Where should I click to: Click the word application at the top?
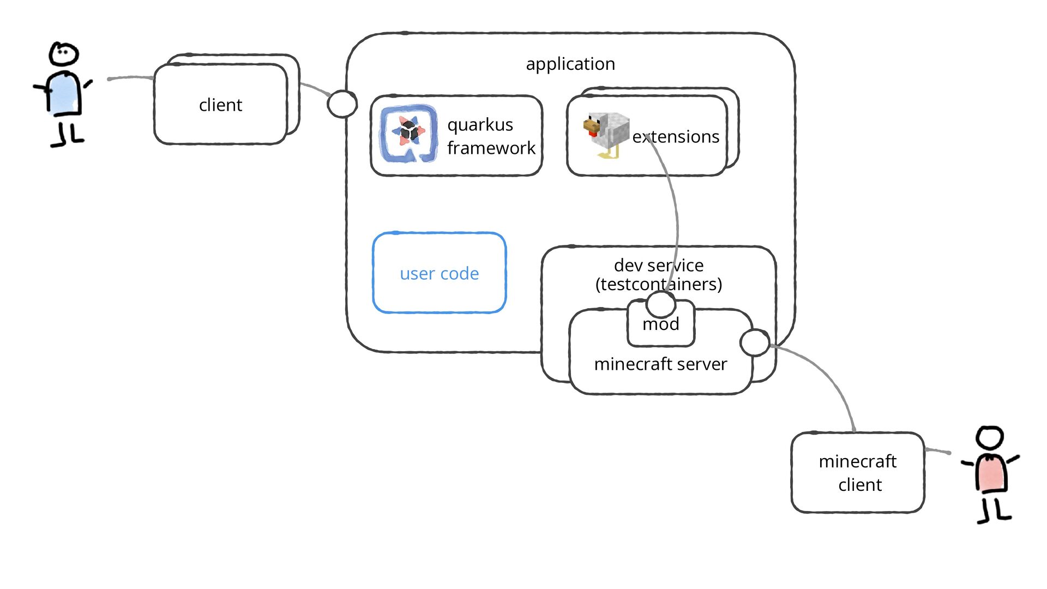[570, 64]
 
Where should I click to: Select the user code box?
[440, 273]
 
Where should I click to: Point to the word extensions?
[676, 136]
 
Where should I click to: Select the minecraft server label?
[660, 364]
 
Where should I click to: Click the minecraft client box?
[858, 472]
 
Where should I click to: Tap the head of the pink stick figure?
[989, 438]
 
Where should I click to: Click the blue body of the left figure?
[64, 94]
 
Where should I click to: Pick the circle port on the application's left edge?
[342, 104]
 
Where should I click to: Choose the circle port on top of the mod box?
[661, 304]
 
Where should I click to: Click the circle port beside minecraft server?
[755, 342]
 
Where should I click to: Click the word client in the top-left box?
[220, 105]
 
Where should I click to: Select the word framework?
[491, 148]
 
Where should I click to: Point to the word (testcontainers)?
[659, 284]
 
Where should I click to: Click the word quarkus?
[480, 125]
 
